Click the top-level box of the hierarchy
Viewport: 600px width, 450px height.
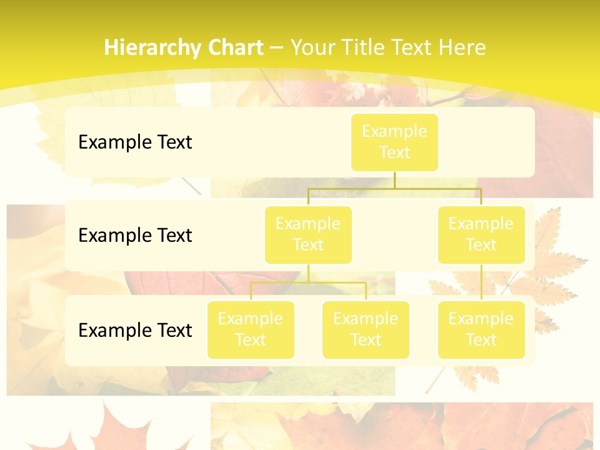394,142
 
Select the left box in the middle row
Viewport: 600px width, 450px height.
308,234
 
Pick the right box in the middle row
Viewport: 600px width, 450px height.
481,234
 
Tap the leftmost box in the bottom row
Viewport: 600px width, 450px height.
251,329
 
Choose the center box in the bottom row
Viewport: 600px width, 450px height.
366,329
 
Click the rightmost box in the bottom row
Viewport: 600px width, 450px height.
481,329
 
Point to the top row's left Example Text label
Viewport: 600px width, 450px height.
135,142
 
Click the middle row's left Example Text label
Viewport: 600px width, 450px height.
135,235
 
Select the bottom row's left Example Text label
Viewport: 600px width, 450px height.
135,330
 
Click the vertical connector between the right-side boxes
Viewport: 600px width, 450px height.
481,282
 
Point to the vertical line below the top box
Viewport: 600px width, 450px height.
394,180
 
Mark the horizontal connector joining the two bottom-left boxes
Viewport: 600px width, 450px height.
308,283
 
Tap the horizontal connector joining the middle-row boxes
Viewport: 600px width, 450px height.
394,188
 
